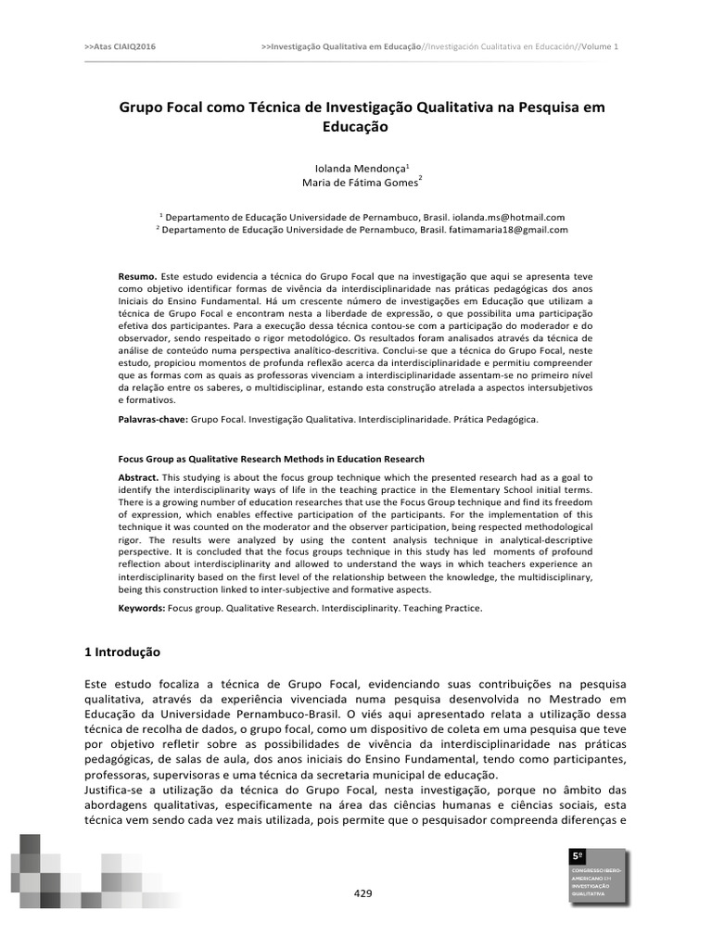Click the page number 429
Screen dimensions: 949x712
click(x=363, y=893)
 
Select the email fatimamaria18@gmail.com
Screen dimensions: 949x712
click(x=507, y=229)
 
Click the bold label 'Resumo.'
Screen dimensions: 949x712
click(x=138, y=276)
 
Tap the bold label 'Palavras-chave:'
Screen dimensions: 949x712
click(x=153, y=419)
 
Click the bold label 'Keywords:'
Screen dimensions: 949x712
click(x=142, y=608)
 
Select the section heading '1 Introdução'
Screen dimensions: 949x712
click(x=122, y=652)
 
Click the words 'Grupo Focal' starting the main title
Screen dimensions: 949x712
click(x=159, y=108)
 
